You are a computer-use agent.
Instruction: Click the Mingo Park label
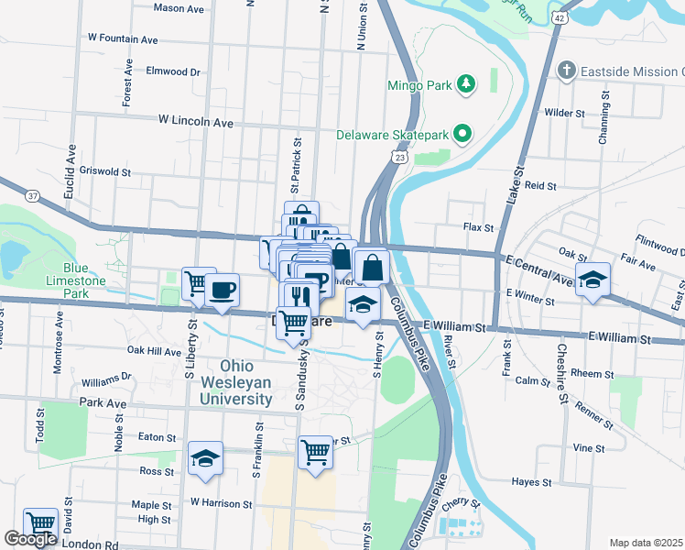point(419,86)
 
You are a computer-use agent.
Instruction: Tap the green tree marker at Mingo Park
point(467,84)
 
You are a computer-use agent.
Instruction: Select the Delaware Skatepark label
point(393,135)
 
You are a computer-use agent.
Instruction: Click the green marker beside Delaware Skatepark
point(462,135)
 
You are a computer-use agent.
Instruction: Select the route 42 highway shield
point(558,16)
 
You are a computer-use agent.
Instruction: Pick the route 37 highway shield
point(33,196)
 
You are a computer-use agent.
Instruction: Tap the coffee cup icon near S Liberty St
point(222,290)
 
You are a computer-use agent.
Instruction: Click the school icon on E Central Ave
point(593,280)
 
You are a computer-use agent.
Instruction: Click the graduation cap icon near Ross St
point(205,459)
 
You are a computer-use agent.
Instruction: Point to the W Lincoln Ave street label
point(195,120)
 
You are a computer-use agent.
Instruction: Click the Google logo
point(30,539)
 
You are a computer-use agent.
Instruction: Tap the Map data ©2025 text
point(647,543)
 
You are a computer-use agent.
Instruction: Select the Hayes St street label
point(530,482)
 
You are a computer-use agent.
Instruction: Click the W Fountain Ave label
point(123,39)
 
